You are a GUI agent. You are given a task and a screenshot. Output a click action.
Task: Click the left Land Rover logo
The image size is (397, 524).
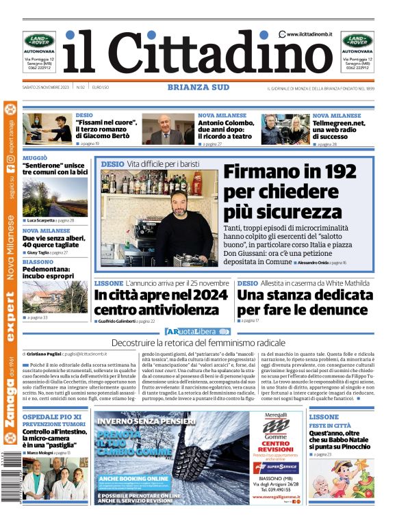[40, 40]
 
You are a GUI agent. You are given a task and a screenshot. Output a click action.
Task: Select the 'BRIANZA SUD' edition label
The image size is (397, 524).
[198, 87]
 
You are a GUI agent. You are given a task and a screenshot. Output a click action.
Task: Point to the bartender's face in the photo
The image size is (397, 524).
[182, 205]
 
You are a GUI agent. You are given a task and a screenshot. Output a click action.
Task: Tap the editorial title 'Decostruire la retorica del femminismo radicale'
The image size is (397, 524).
[198, 342]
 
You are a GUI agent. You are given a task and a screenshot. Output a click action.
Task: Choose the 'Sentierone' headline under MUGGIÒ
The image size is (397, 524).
[55, 169]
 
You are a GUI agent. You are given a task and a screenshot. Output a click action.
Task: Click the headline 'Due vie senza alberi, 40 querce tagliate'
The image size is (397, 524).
[55, 241]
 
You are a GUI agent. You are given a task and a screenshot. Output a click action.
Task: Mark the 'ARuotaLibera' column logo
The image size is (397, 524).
[198, 332]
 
